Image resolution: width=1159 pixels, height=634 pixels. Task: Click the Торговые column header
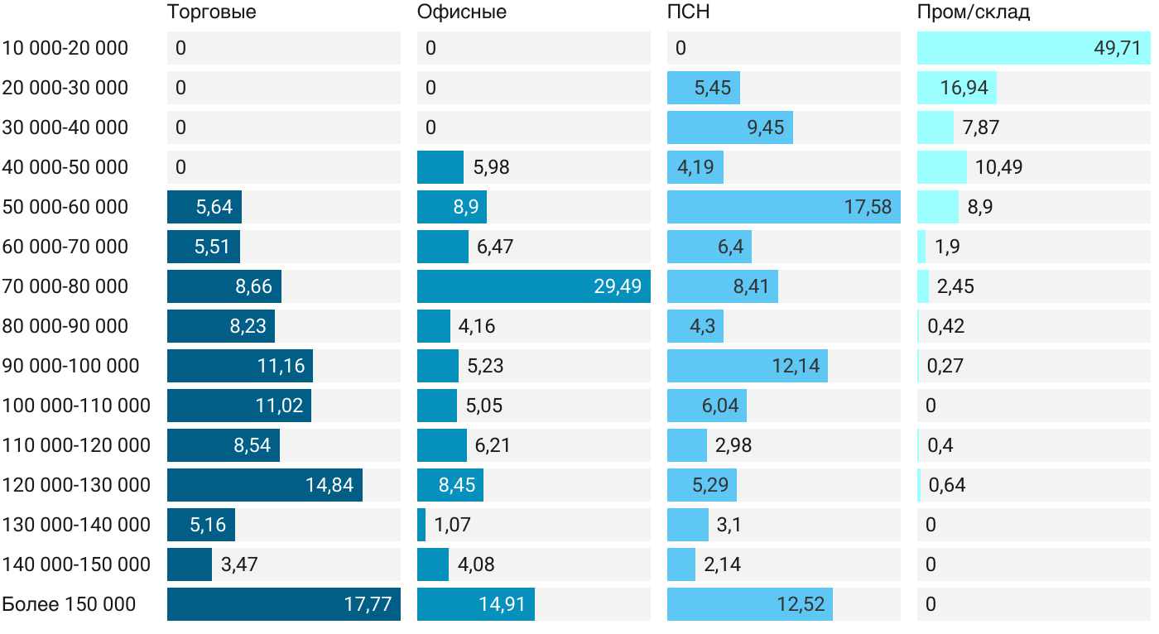click(x=211, y=12)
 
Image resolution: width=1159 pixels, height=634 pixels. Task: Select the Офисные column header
click(x=462, y=12)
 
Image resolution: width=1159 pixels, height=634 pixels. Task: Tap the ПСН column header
click(x=689, y=12)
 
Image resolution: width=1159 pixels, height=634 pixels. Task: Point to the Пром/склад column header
click(x=974, y=12)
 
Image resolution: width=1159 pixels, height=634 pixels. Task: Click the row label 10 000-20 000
click(x=65, y=48)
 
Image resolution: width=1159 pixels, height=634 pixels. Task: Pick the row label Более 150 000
click(x=69, y=604)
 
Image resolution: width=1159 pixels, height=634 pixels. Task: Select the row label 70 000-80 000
click(x=65, y=286)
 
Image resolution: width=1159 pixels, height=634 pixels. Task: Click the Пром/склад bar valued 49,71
click(x=1033, y=48)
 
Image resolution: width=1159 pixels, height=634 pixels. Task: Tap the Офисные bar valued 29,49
click(x=533, y=286)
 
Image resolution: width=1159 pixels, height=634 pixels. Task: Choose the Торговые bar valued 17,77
click(x=283, y=604)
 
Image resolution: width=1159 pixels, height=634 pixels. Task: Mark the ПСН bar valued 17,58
click(x=783, y=207)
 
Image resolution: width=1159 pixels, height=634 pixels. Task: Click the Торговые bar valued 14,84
click(x=264, y=485)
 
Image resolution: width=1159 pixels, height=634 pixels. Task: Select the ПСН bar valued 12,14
click(x=747, y=366)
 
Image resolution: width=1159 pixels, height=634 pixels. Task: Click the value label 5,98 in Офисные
click(x=492, y=167)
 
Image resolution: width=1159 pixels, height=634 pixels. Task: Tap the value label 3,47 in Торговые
click(x=239, y=564)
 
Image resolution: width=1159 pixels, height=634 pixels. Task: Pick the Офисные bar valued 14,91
click(x=475, y=604)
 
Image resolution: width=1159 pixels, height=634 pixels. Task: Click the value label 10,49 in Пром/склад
click(x=998, y=167)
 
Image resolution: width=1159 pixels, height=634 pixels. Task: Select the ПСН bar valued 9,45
click(x=729, y=127)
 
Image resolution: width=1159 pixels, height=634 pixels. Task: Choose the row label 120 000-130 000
click(x=76, y=485)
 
